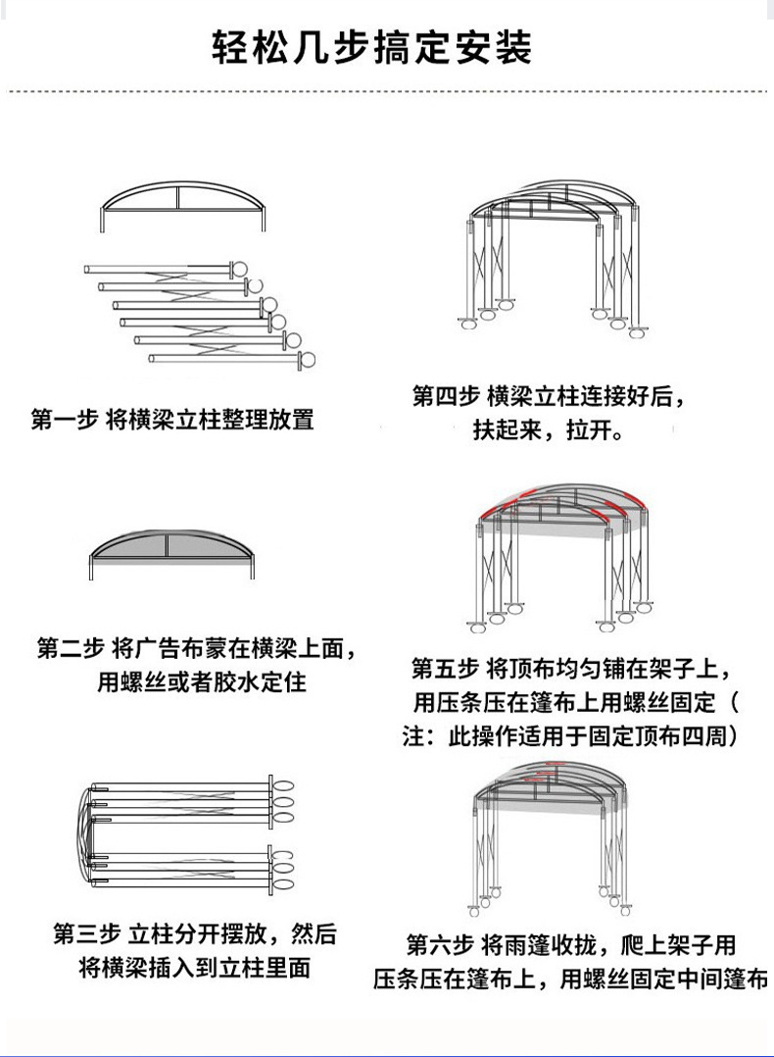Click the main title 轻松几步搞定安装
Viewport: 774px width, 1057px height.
click(373, 46)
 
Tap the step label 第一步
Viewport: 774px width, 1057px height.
click(64, 421)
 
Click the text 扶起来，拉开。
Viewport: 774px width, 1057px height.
click(550, 430)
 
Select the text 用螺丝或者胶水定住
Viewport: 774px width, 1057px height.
click(202, 682)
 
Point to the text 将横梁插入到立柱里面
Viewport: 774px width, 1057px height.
click(195, 968)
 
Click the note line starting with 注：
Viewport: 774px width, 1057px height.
click(570, 737)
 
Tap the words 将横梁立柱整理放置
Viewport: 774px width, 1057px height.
click(210, 421)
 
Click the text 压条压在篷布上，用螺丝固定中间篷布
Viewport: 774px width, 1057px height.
click(570, 980)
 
